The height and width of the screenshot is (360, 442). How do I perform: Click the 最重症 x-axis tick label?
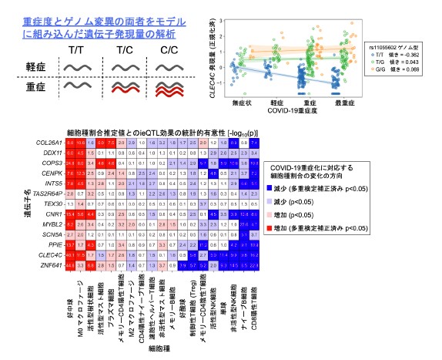click(x=338, y=101)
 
